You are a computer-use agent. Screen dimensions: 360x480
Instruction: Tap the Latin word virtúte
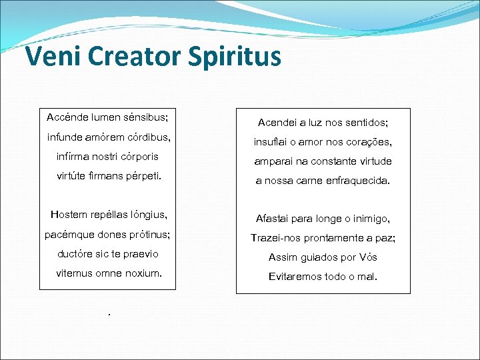point(75,177)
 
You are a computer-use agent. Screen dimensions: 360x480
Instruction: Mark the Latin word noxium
point(143,273)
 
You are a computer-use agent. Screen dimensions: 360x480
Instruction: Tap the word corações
point(367,142)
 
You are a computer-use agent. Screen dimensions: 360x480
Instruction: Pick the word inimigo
point(368,219)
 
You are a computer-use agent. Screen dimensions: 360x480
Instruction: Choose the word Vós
point(368,257)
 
